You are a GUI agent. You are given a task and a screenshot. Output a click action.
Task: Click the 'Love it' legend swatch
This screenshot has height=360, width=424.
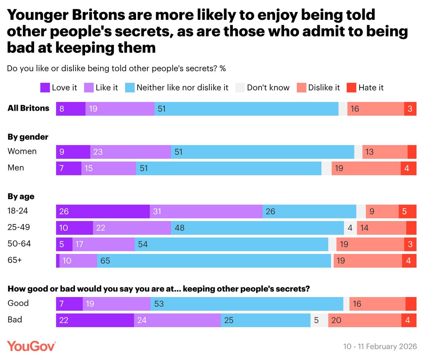point(45,88)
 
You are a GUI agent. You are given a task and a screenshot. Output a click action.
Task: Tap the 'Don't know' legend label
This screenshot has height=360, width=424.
point(268,88)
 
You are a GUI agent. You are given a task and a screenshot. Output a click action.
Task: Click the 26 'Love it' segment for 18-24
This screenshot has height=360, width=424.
point(103,211)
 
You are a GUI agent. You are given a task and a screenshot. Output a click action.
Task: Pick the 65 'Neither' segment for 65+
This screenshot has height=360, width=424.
point(214,261)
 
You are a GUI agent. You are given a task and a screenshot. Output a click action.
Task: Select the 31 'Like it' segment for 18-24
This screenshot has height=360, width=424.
point(206,211)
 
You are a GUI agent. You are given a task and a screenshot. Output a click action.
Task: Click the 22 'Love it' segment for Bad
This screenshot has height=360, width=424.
point(95,320)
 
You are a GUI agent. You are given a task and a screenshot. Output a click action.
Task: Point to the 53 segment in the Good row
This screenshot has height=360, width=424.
point(247,304)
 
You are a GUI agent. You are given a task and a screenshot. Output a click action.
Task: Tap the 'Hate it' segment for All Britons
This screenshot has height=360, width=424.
point(410,109)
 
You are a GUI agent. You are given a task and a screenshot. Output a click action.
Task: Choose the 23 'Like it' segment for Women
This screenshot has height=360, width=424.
point(130,152)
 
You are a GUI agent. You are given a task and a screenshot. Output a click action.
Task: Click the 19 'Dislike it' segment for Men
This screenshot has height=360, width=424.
point(366,168)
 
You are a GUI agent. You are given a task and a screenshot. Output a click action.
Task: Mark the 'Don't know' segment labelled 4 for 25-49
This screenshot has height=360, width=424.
point(350,228)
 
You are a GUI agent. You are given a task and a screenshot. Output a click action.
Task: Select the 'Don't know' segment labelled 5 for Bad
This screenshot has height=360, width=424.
point(319,320)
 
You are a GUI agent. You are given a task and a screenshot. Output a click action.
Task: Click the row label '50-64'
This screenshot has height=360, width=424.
point(19,244)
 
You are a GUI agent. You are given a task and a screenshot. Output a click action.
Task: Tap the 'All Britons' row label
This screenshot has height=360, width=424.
point(29,108)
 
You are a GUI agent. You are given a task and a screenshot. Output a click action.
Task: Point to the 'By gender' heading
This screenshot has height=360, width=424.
point(28,137)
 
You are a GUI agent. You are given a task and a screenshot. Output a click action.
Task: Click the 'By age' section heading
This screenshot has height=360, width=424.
point(21,197)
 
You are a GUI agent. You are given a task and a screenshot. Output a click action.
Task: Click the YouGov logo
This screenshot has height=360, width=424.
point(31,346)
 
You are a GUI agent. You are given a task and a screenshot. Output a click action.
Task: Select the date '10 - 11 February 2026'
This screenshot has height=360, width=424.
point(380,346)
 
